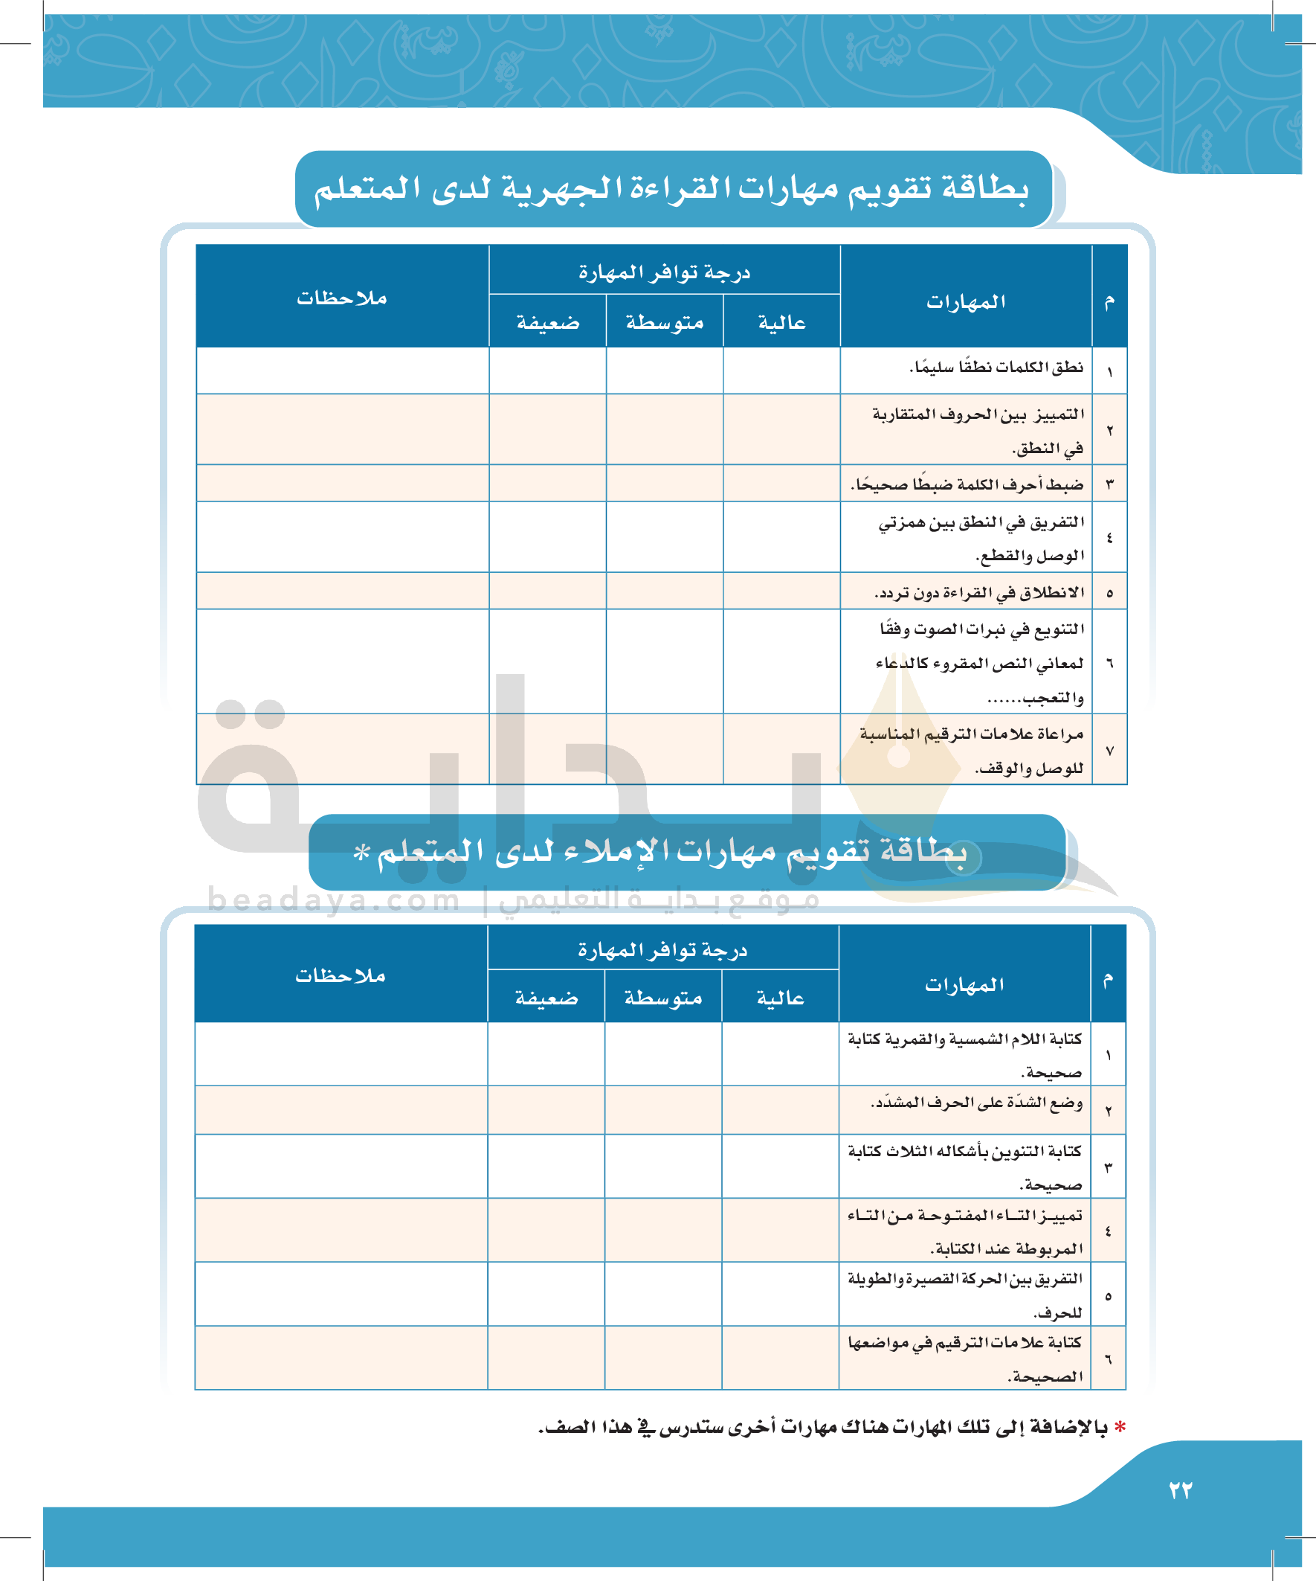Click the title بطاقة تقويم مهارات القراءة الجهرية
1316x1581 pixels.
671,188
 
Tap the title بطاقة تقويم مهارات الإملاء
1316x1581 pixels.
670,851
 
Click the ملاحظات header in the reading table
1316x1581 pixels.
341,298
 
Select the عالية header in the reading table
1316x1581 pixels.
781,323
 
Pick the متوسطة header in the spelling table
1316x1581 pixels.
663,998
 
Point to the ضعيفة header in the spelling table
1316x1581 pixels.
546,998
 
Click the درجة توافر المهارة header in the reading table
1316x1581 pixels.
664,272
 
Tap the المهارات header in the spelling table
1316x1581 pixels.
964,985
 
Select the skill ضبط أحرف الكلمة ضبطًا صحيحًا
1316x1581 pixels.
967,484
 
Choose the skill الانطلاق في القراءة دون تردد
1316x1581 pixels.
979,593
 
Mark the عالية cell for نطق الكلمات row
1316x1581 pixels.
781,371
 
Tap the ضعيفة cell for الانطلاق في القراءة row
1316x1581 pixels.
547,591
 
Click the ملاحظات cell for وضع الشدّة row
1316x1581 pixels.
341,1110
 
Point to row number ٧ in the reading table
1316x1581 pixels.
1109,751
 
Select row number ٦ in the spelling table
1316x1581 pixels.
1108,1359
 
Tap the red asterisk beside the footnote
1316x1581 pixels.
1120,1428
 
